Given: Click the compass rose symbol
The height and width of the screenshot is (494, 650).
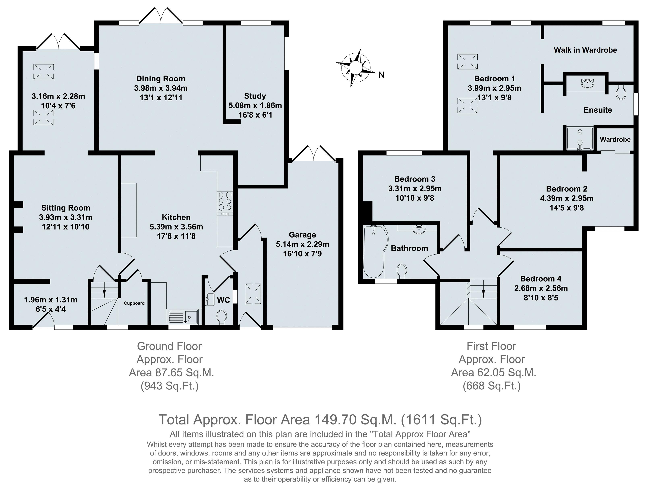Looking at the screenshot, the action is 356,68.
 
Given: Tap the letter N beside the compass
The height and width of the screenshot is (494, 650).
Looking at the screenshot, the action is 381,75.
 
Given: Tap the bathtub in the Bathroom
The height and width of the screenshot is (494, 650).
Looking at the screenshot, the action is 375,251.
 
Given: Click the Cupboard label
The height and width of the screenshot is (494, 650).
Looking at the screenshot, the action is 134,303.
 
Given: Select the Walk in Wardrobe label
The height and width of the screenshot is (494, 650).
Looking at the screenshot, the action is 585,50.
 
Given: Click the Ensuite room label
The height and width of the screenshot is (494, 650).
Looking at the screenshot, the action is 598,110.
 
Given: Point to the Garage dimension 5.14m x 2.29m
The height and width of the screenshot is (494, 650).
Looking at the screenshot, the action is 302,244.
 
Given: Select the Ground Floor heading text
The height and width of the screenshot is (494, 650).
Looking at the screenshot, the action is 169,346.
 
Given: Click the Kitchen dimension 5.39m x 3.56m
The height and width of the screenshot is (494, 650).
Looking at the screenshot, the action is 176,227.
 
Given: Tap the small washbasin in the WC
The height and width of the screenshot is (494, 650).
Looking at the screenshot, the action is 209,299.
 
